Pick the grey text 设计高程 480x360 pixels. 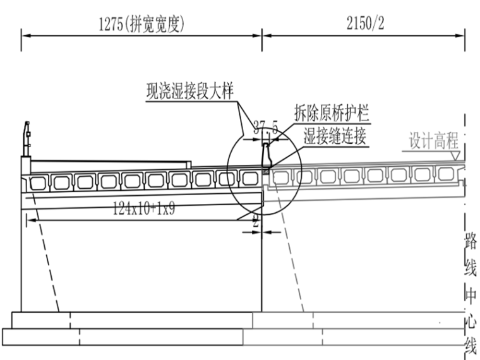coord(431,141)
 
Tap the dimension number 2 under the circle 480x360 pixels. coord(256,223)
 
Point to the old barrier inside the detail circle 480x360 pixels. coord(267,155)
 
